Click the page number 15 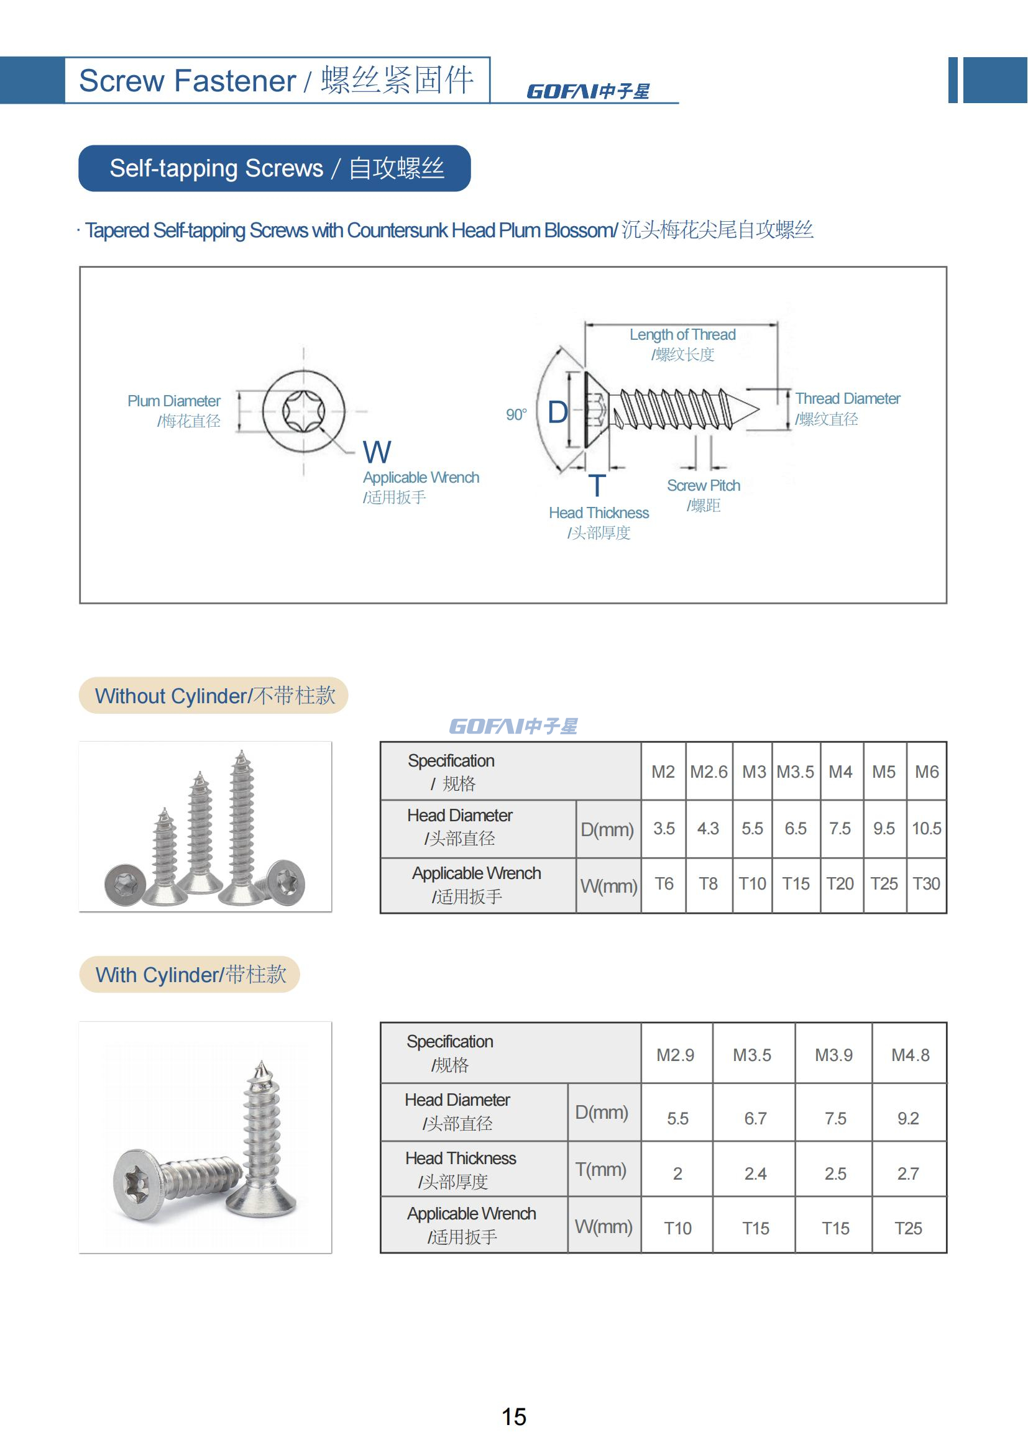coord(513,1416)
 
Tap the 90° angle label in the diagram coord(516,414)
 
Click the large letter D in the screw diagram coord(557,412)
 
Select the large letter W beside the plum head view coord(377,452)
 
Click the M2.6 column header coord(709,772)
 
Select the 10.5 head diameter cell coord(926,829)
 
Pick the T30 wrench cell coord(926,883)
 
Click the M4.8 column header coord(910,1055)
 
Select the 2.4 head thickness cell coord(755,1174)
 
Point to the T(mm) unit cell coord(600,1170)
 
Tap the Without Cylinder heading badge coord(214,696)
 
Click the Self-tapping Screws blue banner coord(275,168)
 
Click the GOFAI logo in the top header coord(587,92)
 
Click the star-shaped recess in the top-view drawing coord(303,411)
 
